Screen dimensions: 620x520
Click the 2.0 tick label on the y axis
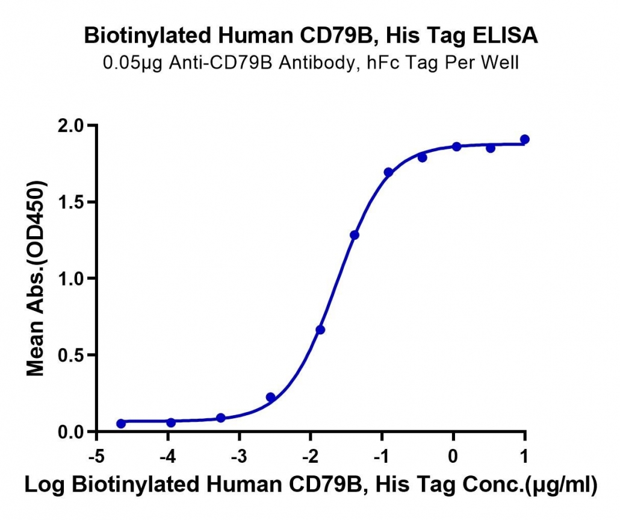pyautogui.click(x=72, y=125)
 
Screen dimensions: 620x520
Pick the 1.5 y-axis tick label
pyautogui.click(x=72, y=202)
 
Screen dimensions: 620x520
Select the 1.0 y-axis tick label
pyautogui.click(x=72, y=278)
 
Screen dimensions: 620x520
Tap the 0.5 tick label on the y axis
pyautogui.click(x=72, y=355)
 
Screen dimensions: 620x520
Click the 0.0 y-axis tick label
pyautogui.click(x=72, y=432)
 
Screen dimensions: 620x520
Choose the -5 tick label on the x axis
pyautogui.click(x=96, y=457)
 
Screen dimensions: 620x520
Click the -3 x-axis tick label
pyautogui.click(x=239, y=457)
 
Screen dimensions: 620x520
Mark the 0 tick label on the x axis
pyautogui.click(x=453, y=457)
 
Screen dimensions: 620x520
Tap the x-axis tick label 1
pyautogui.click(x=524, y=457)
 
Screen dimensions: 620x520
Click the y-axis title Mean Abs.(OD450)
pyautogui.click(x=36, y=278)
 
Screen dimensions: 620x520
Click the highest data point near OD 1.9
pyautogui.click(x=525, y=139)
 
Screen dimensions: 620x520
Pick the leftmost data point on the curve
pyautogui.click(x=121, y=424)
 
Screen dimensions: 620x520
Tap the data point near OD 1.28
pyautogui.click(x=355, y=235)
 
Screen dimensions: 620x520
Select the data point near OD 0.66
pyautogui.click(x=320, y=330)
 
